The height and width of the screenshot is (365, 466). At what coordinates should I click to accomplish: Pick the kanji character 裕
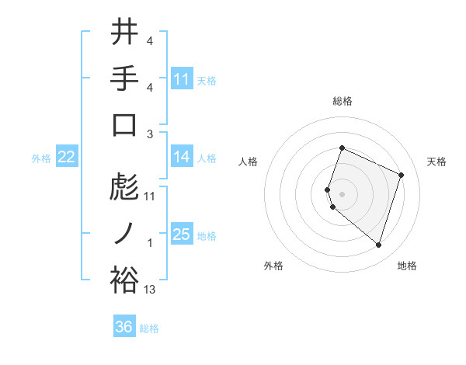[124, 280]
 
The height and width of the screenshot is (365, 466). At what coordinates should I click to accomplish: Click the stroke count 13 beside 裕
[150, 290]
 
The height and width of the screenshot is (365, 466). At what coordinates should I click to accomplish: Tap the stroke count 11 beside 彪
[150, 196]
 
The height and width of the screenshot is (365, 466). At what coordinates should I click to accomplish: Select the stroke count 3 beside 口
[150, 134]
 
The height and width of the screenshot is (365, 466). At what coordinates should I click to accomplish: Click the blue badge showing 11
[182, 78]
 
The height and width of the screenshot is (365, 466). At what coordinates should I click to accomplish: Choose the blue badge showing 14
[182, 157]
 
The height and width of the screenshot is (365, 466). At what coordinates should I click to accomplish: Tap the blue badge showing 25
[182, 235]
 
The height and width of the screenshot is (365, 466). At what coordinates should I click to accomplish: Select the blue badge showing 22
[67, 157]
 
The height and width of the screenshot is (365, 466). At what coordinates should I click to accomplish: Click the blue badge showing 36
[124, 327]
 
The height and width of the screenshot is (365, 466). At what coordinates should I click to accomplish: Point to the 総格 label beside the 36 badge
[149, 328]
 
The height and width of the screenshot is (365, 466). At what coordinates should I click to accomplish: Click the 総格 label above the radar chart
[342, 101]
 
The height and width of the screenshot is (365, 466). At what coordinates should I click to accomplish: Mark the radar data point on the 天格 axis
[402, 175]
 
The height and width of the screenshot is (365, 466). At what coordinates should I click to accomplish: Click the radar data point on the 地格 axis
[378, 245]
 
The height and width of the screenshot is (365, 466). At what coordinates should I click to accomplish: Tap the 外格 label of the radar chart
[273, 266]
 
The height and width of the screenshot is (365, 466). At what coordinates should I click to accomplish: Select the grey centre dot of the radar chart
[342, 193]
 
